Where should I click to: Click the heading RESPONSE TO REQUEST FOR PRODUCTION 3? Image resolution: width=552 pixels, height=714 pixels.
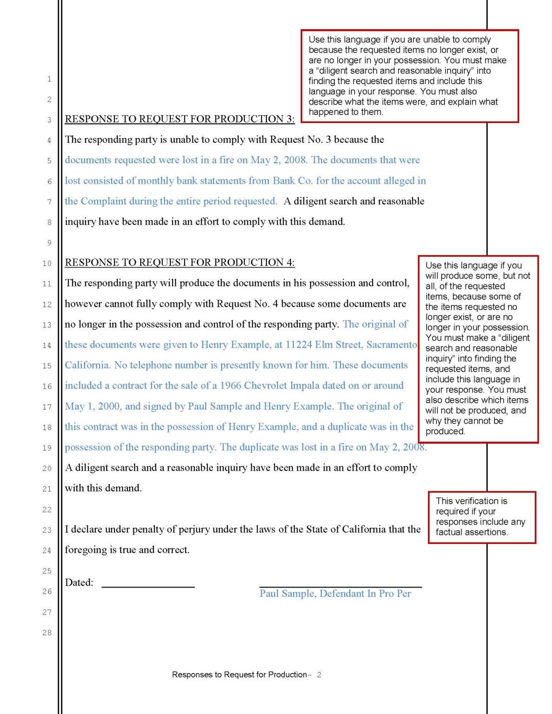180,119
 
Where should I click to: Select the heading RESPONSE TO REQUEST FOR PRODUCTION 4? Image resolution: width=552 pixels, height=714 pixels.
180,262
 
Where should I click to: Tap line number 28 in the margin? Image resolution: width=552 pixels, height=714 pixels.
47,633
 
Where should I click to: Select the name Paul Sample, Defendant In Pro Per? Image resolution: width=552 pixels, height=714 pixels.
335,594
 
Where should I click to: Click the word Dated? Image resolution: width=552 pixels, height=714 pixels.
79,582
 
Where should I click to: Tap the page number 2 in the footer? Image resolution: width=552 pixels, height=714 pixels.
319,674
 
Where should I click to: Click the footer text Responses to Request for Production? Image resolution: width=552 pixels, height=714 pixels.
239,674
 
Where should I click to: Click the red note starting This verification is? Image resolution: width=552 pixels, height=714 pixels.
481,516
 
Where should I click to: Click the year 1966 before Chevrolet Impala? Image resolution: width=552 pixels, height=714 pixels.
231,385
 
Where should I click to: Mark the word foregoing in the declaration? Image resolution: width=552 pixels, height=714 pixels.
86,549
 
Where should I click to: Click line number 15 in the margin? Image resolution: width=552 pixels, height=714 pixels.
47,366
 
